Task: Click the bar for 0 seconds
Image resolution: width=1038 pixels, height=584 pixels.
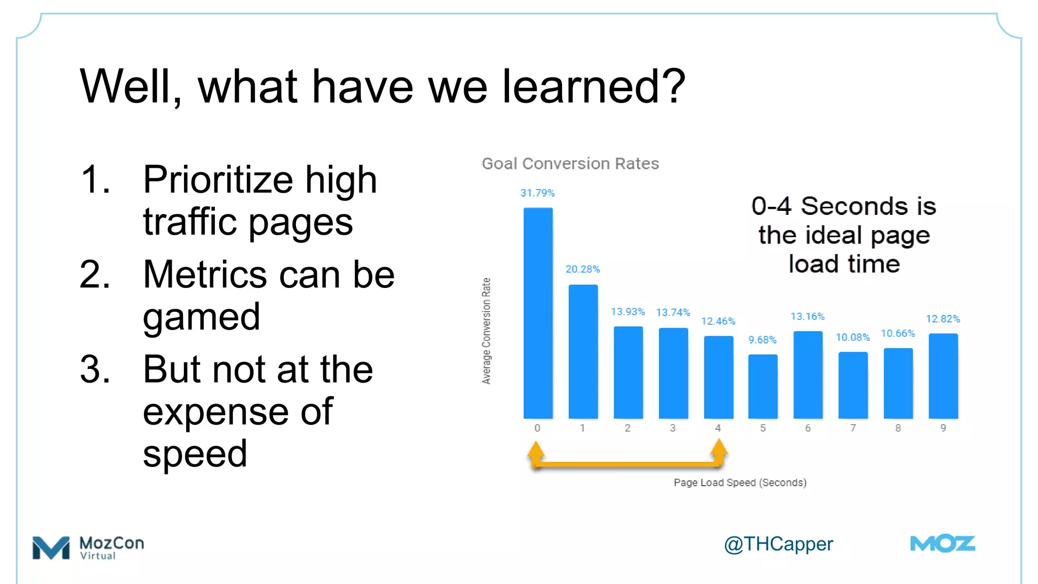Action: [538, 313]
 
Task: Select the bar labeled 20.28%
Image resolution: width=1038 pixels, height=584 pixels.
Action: [583, 351]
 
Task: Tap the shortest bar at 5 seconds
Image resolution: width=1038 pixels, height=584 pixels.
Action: [763, 386]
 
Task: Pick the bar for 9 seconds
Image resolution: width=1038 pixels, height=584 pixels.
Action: [943, 376]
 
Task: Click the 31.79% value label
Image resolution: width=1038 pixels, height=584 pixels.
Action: [537, 193]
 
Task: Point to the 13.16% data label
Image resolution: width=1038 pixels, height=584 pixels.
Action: [807, 316]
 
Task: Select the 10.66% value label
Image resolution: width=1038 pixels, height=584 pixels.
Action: [898, 333]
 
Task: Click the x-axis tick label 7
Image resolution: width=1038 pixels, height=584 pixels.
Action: [853, 428]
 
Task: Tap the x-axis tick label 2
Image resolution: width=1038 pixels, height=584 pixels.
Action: [627, 428]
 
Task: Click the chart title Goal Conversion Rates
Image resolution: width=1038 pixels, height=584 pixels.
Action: [570, 163]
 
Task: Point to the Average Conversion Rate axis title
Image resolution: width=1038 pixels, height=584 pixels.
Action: [486, 331]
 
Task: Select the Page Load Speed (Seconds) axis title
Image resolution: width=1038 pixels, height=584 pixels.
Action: [740, 482]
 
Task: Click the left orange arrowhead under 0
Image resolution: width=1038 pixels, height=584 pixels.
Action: [536, 449]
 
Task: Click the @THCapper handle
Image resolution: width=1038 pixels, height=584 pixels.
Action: [778, 544]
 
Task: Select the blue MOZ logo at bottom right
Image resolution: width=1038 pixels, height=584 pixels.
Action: [942, 544]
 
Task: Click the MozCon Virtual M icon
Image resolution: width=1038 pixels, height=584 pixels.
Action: [51, 547]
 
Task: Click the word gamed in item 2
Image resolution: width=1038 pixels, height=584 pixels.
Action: [201, 316]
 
